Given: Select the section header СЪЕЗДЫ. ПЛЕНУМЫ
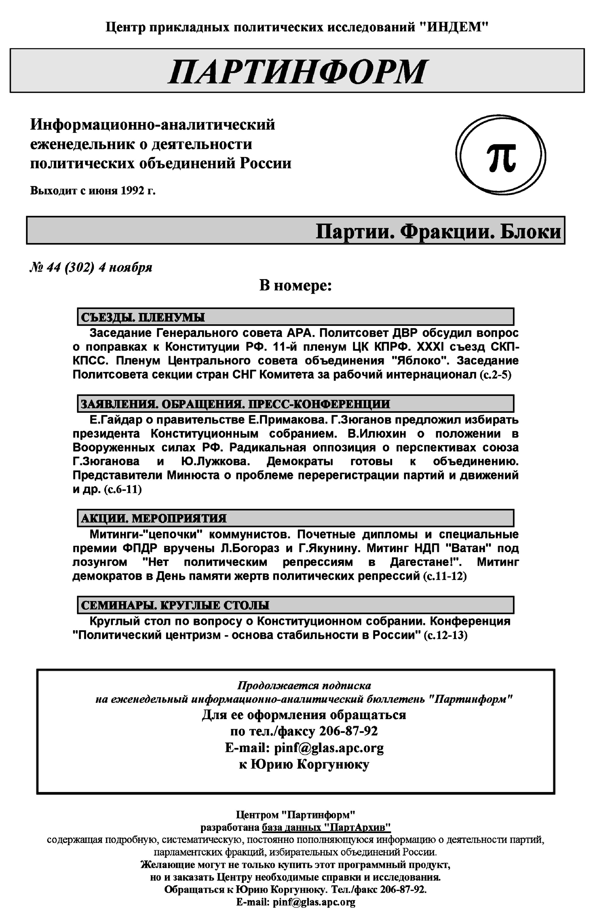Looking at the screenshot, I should (143, 317).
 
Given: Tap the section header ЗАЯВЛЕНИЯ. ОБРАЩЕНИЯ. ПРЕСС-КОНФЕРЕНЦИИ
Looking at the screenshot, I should (235, 404).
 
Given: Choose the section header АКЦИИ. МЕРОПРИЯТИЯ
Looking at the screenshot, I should (153, 518).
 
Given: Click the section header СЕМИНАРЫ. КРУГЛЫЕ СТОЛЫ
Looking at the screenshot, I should (175, 605).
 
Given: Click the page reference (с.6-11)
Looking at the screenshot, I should (123, 490).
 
